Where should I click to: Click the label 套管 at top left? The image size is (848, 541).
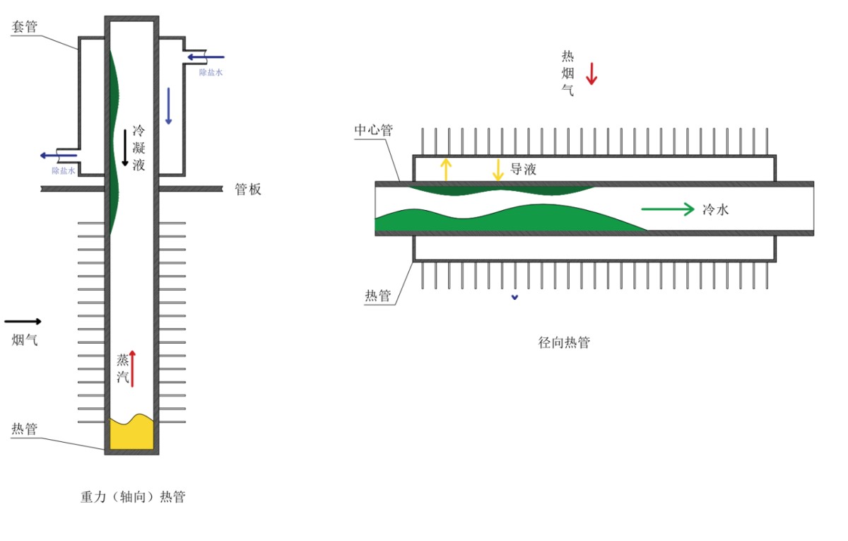point(25,27)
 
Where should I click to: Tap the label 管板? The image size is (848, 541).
point(248,190)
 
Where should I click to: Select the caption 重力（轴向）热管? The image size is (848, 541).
point(133,496)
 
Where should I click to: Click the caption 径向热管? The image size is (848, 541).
point(564,343)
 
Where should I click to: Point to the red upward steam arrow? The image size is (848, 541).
point(132,368)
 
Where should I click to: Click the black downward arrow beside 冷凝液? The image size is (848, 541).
point(125,147)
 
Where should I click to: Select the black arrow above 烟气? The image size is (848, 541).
point(23,321)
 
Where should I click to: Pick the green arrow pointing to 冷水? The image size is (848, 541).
point(668,209)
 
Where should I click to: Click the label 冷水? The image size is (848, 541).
point(715,210)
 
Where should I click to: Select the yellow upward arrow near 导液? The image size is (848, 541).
point(445,169)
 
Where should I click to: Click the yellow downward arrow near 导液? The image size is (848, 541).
point(498,169)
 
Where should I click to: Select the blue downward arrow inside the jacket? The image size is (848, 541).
point(168,106)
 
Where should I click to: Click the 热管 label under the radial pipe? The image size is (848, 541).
point(378,296)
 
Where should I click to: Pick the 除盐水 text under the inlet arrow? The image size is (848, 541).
point(211,72)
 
